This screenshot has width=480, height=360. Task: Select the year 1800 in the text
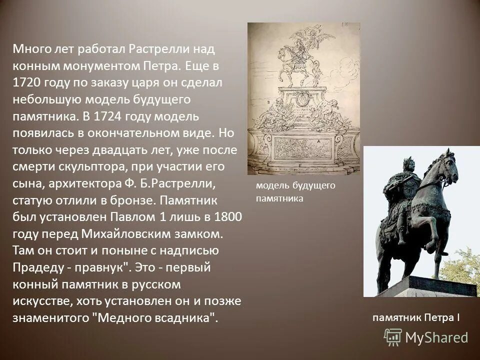point(228,217)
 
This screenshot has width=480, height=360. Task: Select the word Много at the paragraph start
point(30,49)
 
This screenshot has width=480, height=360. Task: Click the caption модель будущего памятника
point(295,192)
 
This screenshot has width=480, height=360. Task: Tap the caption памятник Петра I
point(415,317)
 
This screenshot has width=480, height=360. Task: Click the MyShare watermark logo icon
point(393,337)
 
